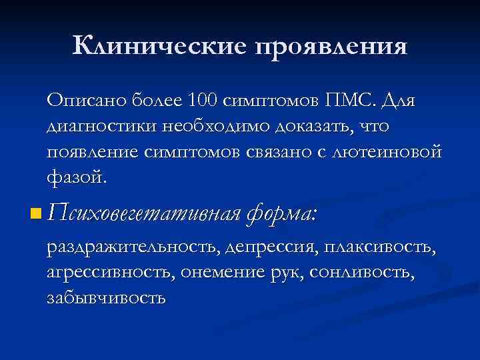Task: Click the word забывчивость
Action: click(x=106, y=298)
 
